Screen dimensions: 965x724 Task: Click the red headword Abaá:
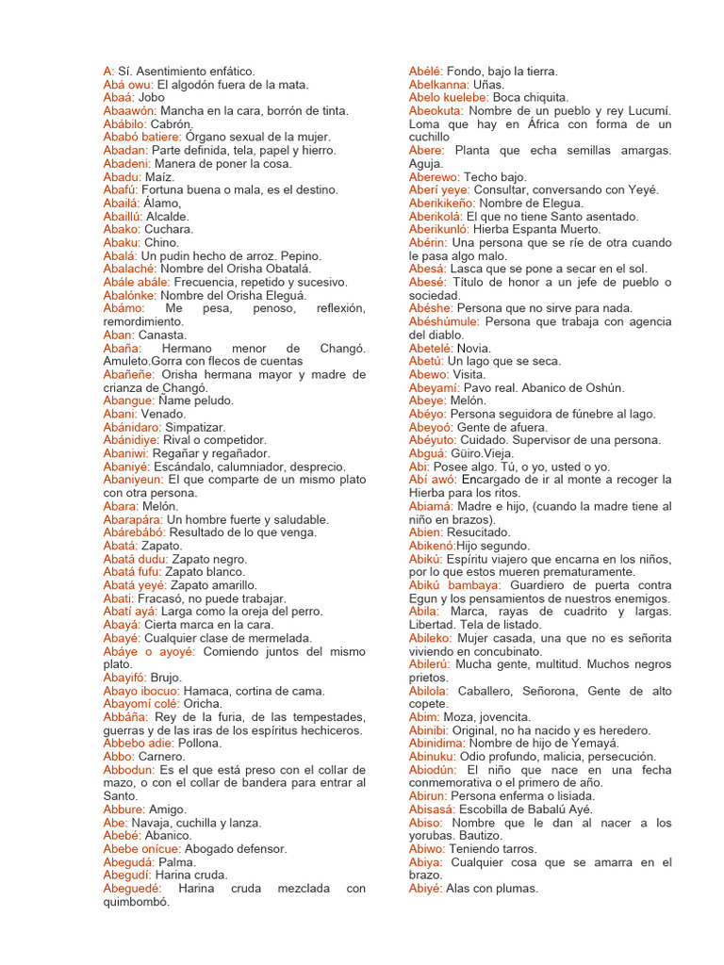pos(119,97)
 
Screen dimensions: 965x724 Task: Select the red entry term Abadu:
pos(123,176)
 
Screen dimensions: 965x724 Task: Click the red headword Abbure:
pos(124,810)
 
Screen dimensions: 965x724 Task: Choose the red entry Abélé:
pos(425,71)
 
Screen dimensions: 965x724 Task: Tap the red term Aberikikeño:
pos(442,203)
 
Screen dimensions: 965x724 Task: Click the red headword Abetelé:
pos(431,348)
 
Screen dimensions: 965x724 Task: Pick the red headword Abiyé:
pos(425,889)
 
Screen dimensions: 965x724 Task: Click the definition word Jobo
pos(151,97)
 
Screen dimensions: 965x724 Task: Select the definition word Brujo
pos(167,678)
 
